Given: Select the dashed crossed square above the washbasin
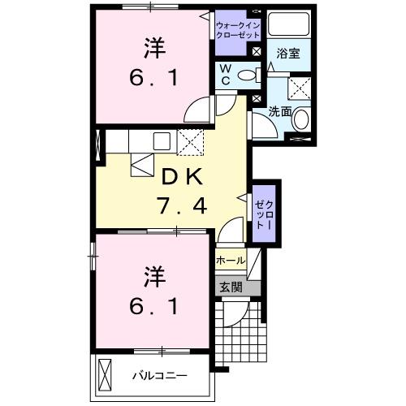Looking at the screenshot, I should pyautogui.click(x=301, y=88).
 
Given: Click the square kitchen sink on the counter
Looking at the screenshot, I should pyautogui.click(x=159, y=140).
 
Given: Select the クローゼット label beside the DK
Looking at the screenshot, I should pyautogui.click(x=264, y=213).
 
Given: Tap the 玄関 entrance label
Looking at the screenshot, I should pyautogui.click(x=230, y=286).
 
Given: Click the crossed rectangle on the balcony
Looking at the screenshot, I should pyautogui.click(x=105, y=375).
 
